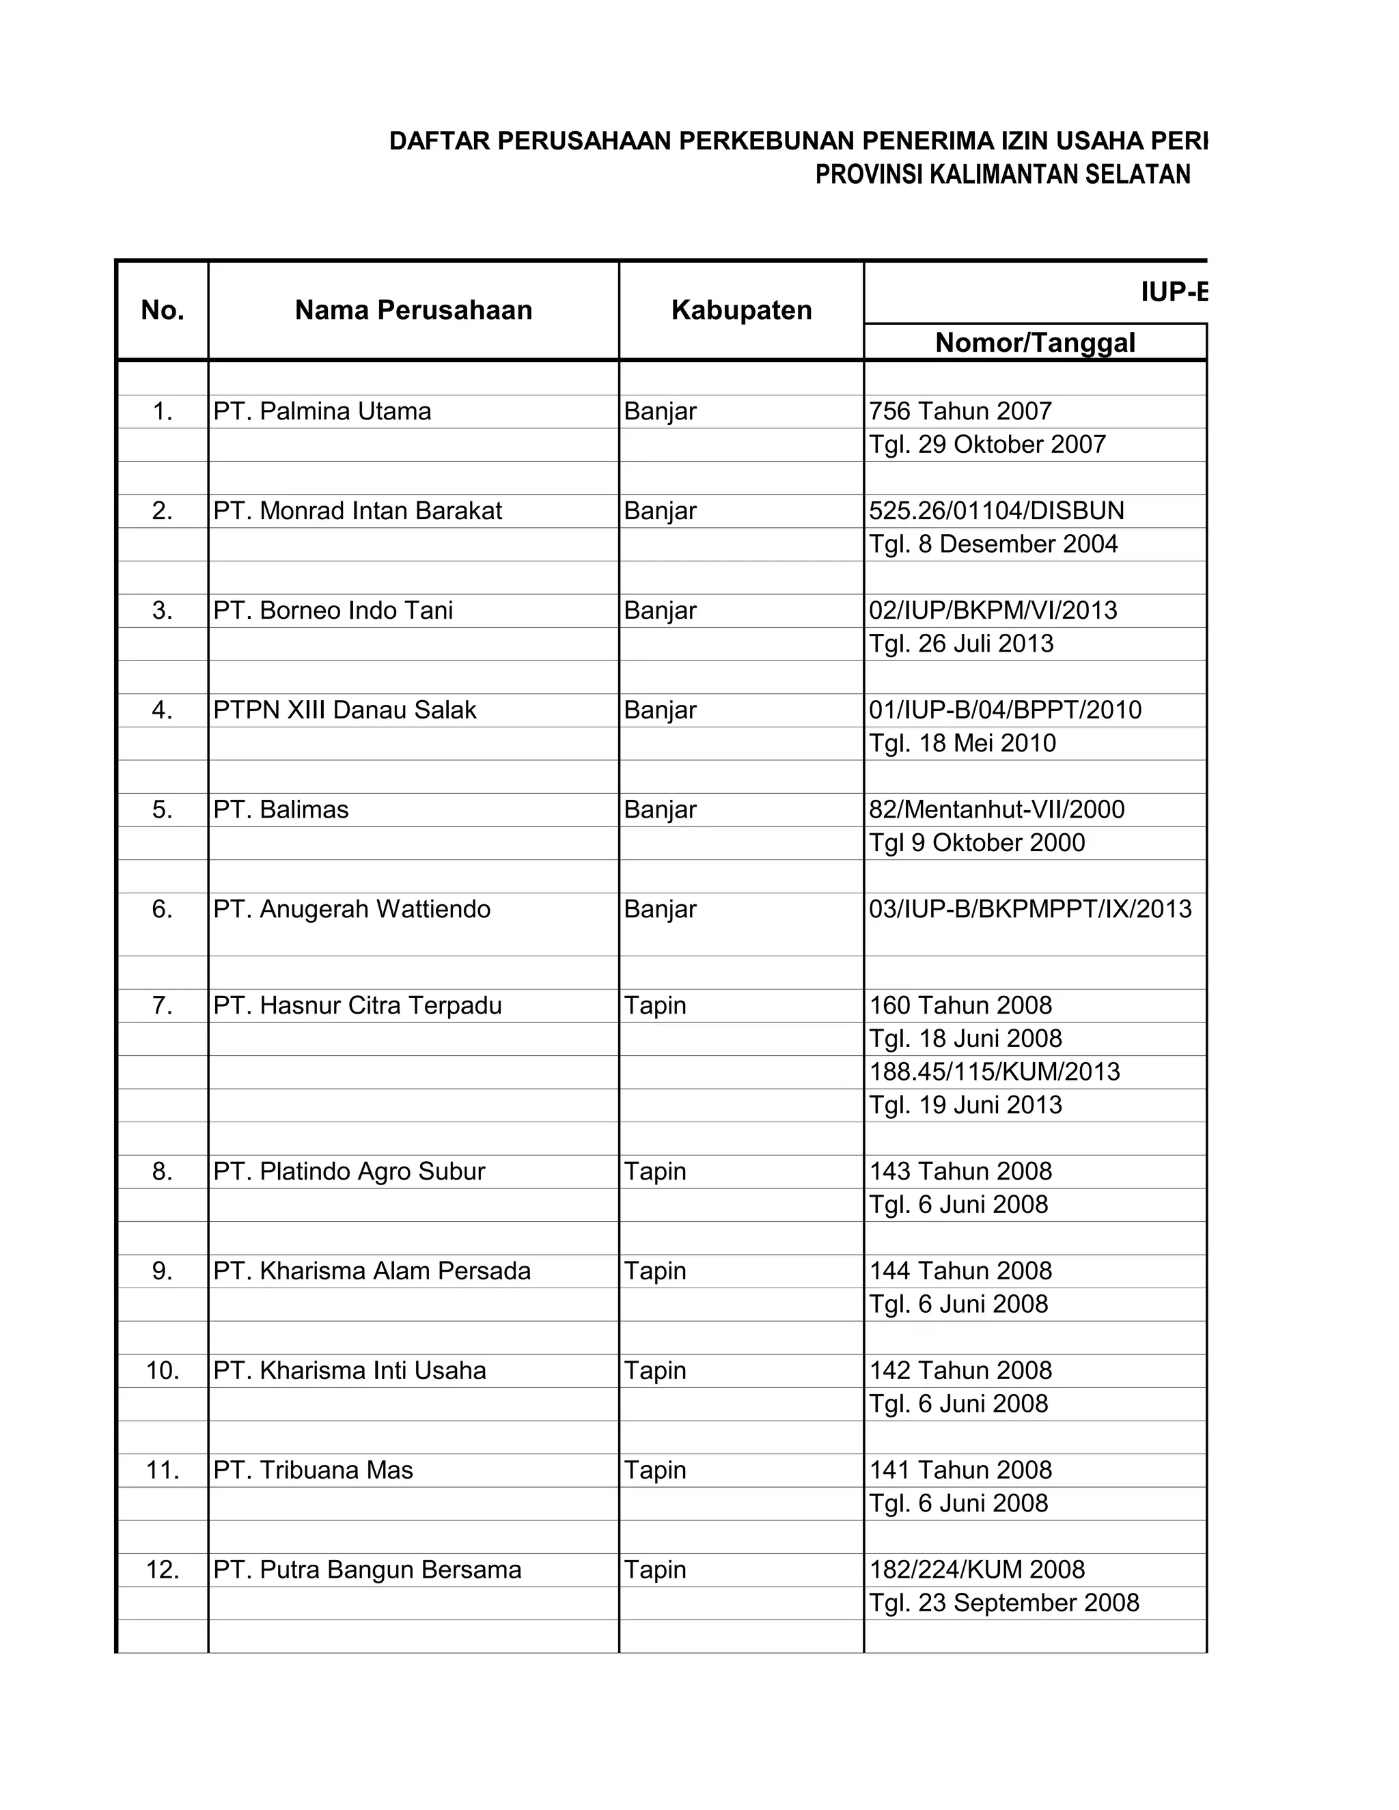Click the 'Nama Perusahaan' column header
click(x=413, y=310)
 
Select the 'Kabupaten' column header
click(x=741, y=310)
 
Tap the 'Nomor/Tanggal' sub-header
click(x=1034, y=342)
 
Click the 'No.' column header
click(x=163, y=310)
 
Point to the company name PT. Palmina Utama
click(x=322, y=412)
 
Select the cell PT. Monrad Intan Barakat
click(x=357, y=512)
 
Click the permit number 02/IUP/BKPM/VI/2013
click(x=992, y=611)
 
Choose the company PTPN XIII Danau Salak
click(x=345, y=710)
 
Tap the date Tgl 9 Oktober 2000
click(x=976, y=843)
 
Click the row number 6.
click(x=163, y=909)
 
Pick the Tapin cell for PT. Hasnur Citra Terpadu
click(x=654, y=1005)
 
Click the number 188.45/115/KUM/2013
click(x=994, y=1072)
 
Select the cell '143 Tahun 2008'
click(x=960, y=1171)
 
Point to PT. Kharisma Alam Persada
click(x=372, y=1270)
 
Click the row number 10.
click(x=163, y=1370)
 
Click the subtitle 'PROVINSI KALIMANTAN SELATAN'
click(x=1002, y=175)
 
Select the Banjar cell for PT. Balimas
click(x=660, y=809)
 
